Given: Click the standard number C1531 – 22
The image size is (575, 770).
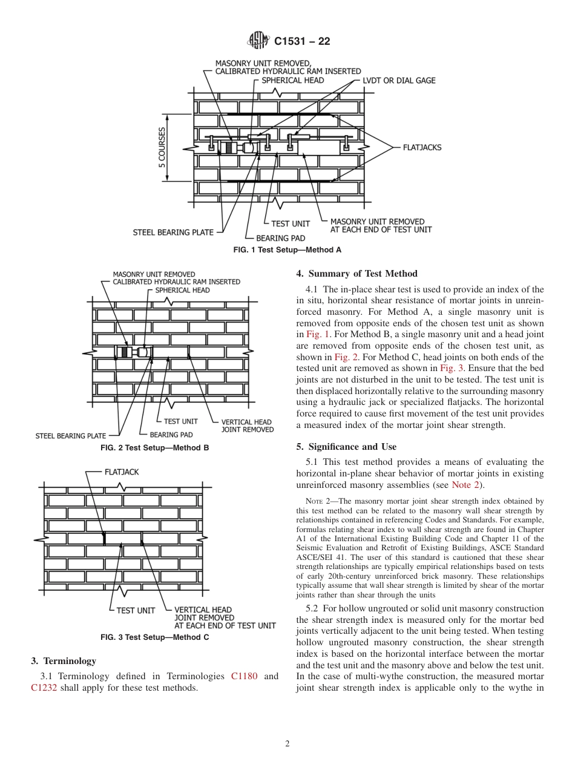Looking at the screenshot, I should point(302,42).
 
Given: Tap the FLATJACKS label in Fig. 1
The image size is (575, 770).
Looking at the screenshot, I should point(422,147).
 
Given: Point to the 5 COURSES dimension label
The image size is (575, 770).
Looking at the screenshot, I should point(162,146).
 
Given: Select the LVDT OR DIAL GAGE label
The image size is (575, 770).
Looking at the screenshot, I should point(398,81).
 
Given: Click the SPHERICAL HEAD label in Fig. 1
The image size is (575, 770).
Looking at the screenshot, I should point(292,80).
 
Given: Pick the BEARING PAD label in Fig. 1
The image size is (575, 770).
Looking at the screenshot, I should point(281,238).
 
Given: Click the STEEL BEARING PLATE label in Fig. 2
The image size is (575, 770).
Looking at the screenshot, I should point(70,435).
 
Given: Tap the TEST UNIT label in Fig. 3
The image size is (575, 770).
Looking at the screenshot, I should point(136,610).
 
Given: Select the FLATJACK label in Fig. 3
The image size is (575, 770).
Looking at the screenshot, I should point(122,472).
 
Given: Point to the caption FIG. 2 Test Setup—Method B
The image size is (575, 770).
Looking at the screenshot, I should point(154,448).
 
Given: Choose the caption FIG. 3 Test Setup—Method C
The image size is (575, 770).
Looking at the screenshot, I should point(154,637).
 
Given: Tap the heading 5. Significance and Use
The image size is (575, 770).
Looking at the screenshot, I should point(346,447).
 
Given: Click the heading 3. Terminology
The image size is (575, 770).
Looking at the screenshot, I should point(63,660).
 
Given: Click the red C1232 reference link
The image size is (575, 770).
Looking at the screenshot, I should point(44,688).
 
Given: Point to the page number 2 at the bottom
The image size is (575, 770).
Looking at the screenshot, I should point(287,744).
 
